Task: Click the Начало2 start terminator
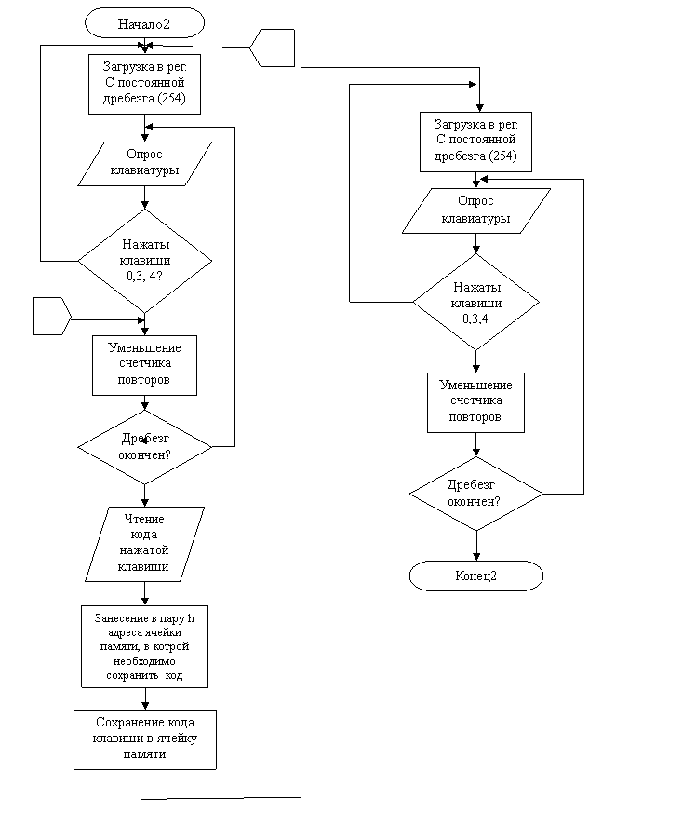145,23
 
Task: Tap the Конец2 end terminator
476,576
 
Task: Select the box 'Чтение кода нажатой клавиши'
145,544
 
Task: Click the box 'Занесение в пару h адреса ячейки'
145,646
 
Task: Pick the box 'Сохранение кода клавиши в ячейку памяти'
145,739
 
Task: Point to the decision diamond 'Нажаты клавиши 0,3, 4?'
145,261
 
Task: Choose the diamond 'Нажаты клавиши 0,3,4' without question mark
476,302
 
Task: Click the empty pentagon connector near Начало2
273,47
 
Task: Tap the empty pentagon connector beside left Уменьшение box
52,316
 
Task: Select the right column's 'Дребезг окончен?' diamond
476,494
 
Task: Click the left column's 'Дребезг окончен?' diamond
145,447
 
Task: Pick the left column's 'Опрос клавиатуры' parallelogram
145,164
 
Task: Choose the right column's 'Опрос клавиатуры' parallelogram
476,210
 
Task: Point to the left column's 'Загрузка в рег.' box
145,84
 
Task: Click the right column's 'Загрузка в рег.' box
476,142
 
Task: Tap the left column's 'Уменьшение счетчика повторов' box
145,365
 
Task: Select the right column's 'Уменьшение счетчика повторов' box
476,403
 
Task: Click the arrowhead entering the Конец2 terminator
476,557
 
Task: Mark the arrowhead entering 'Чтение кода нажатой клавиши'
145,503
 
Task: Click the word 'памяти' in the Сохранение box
145,754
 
